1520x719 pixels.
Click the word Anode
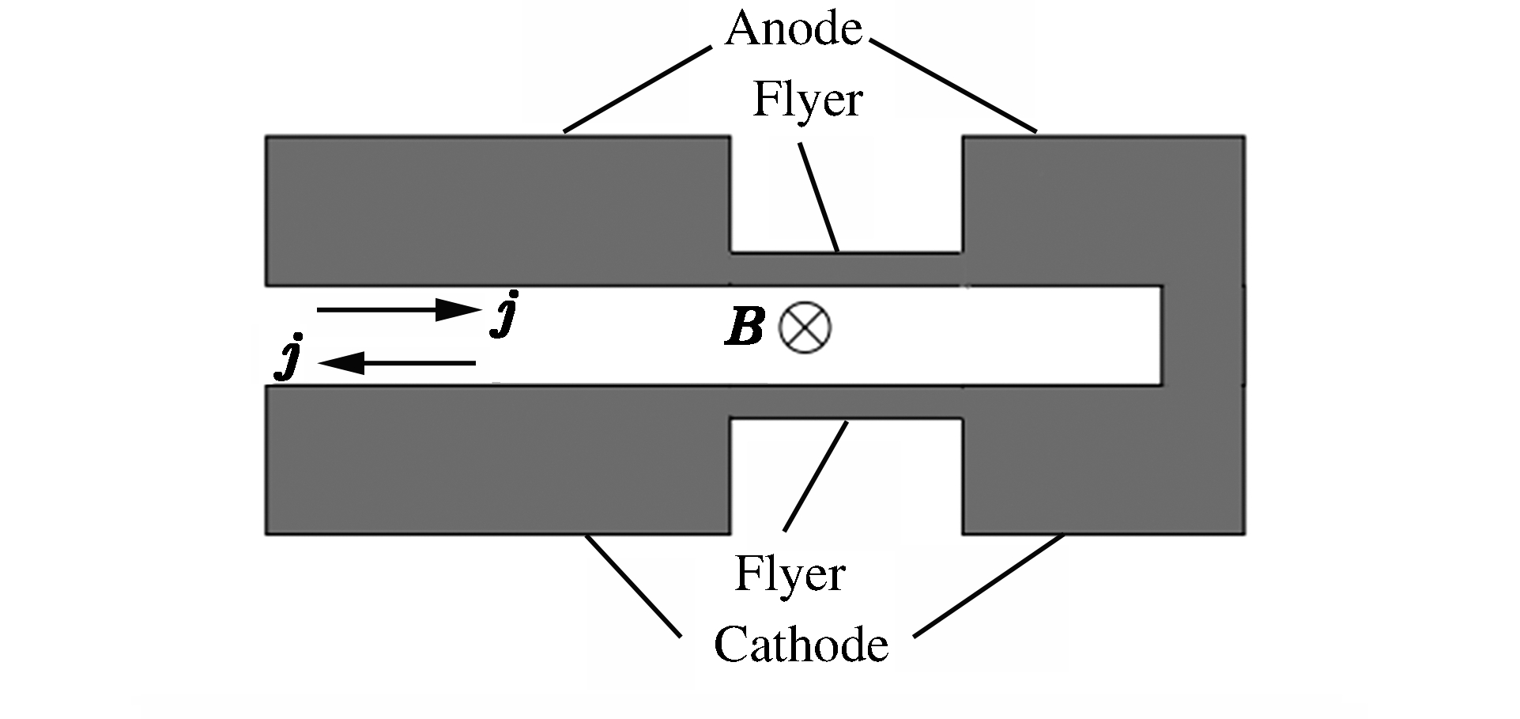794,30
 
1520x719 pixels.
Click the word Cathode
801,645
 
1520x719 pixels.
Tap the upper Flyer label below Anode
807,101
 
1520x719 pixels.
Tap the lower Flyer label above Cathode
790,574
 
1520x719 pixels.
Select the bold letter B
745,327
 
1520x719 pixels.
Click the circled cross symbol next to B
805,327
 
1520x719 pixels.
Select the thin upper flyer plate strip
846,269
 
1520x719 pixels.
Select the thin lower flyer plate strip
846,402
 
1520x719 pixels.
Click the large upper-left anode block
496,210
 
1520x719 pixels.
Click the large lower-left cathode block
496,460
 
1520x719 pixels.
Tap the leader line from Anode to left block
637,89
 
